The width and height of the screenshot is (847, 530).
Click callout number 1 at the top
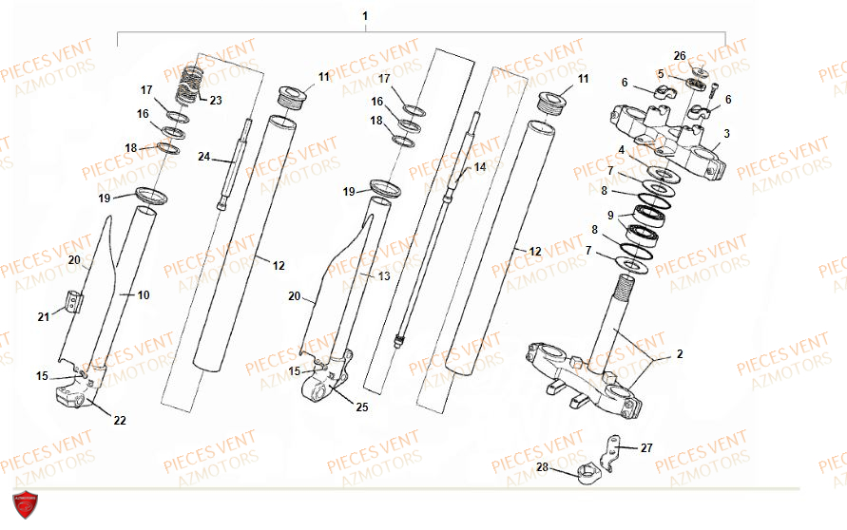(x=365, y=16)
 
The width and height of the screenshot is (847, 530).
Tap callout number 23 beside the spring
(x=216, y=100)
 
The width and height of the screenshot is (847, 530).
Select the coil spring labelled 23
(x=189, y=84)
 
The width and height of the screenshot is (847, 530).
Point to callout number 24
(x=203, y=157)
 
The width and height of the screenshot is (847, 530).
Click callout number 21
(x=44, y=317)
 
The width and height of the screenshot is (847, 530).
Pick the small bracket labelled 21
(x=73, y=301)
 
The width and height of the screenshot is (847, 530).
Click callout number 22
(x=120, y=420)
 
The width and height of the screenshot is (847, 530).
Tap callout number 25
(x=362, y=407)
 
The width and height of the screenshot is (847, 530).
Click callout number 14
(x=480, y=167)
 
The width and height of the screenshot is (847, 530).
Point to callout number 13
(x=383, y=275)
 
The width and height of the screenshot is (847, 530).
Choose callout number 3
(x=726, y=133)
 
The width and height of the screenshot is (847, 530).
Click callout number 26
(x=680, y=56)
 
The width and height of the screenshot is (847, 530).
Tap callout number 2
(x=680, y=354)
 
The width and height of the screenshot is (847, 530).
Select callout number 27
(x=646, y=447)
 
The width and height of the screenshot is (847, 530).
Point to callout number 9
(x=610, y=216)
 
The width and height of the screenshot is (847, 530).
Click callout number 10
(x=144, y=294)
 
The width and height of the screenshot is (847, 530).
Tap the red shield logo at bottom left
(x=25, y=504)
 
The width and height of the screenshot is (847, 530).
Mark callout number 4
(x=621, y=149)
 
